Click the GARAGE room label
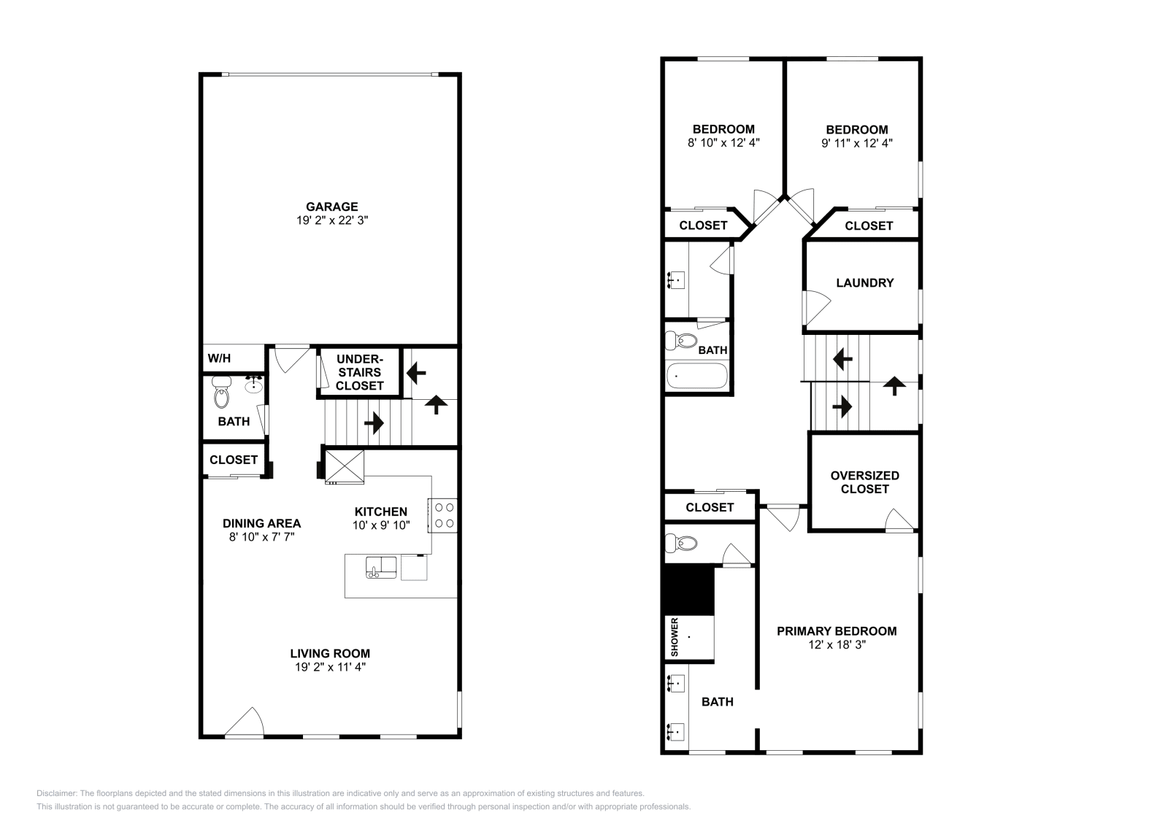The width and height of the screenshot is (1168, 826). click(331, 206)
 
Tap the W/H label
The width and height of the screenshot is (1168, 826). click(219, 358)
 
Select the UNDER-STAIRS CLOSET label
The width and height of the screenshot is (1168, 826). click(359, 372)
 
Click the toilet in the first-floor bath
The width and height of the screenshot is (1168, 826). click(221, 395)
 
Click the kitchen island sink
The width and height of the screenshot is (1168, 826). click(381, 567)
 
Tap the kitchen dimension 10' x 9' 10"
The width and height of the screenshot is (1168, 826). click(381, 525)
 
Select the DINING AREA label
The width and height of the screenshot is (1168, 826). click(261, 523)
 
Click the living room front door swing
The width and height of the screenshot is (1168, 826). click(246, 722)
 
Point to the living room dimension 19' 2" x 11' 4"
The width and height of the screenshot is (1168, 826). click(330, 667)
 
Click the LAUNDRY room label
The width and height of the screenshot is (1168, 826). click(864, 282)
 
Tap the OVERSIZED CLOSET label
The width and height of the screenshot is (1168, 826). click(864, 482)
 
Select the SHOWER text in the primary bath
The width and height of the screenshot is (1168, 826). click(675, 637)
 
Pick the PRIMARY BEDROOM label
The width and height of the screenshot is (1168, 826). click(837, 631)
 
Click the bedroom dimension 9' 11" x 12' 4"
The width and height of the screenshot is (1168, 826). click(857, 143)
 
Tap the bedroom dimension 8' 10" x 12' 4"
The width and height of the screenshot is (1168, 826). click(723, 143)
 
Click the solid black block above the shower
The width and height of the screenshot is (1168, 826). click(688, 590)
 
